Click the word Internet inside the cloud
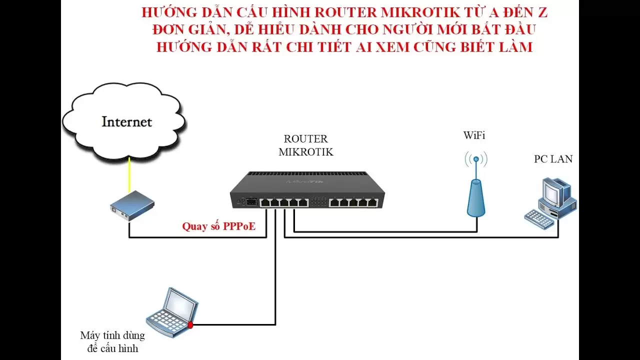pyautogui.click(x=126, y=121)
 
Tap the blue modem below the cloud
pyautogui.click(x=132, y=205)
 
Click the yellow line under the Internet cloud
pyautogui.click(x=129, y=174)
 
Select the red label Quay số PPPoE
pyautogui.click(x=218, y=226)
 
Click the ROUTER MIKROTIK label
pyautogui.click(x=305, y=145)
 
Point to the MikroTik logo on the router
pyautogui.click(x=306, y=182)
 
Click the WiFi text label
pyautogui.click(x=474, y=135)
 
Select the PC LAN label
pyautogui.click(x=553, y=159)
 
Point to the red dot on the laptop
pyautogui.click(x=190, y=325)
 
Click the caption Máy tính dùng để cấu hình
pyautogui.click(x=112, y=341)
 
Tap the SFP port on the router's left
pyautogui.click(x=250, y=202)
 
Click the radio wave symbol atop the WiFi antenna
pyautogui.click(x=476, y=159)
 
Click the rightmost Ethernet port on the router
pyautogui.click(x=371, y=202)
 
